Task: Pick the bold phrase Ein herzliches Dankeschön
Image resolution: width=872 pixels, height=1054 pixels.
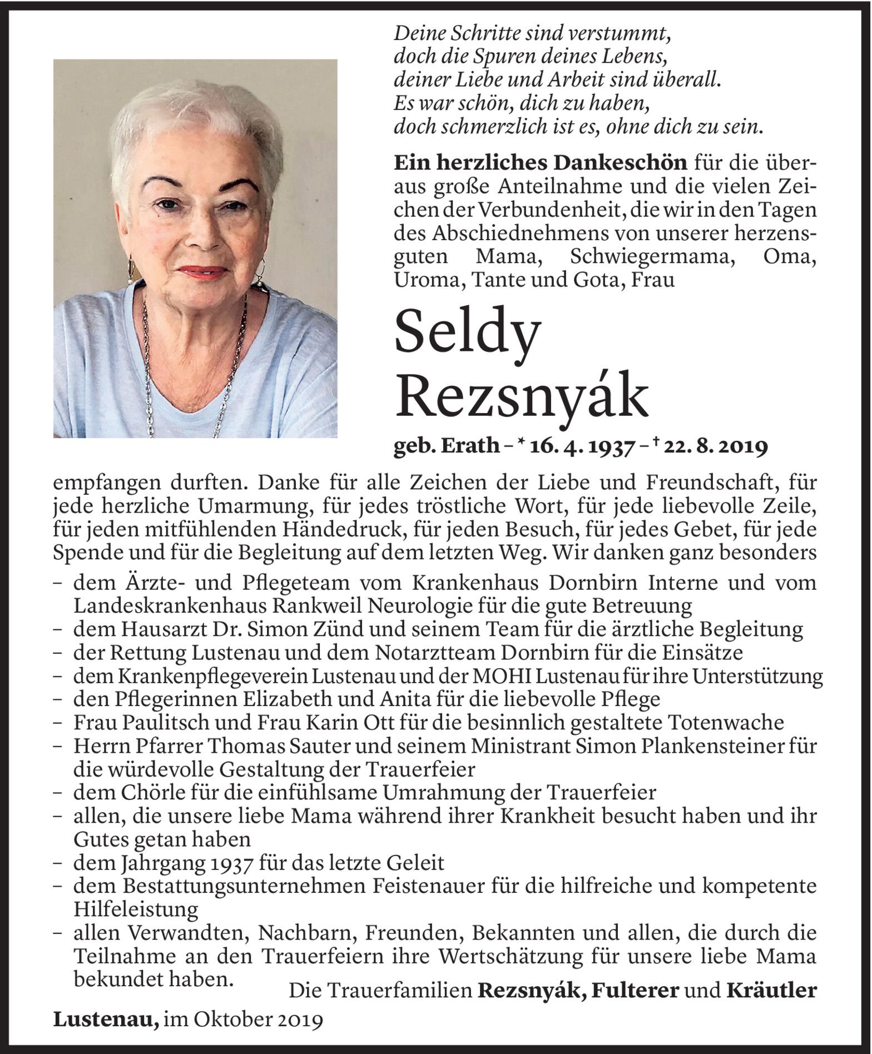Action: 540,162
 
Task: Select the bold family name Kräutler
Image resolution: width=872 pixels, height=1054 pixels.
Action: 771,990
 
